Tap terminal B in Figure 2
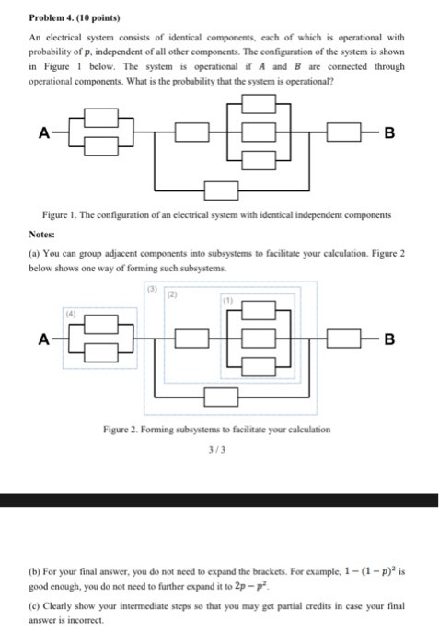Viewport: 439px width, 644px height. point(388,339)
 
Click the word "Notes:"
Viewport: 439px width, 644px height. point(41,235)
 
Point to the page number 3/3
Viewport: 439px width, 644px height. point(219,452)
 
